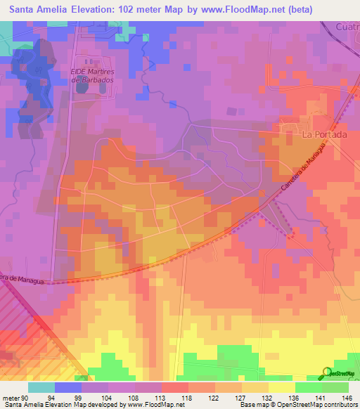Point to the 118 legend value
click(188, 397)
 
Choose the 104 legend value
click(108, 397)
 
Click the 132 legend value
click(267, 397)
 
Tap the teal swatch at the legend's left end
click(41, 387)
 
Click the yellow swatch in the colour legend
click(281, 387)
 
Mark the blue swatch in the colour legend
click(68, 387)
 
